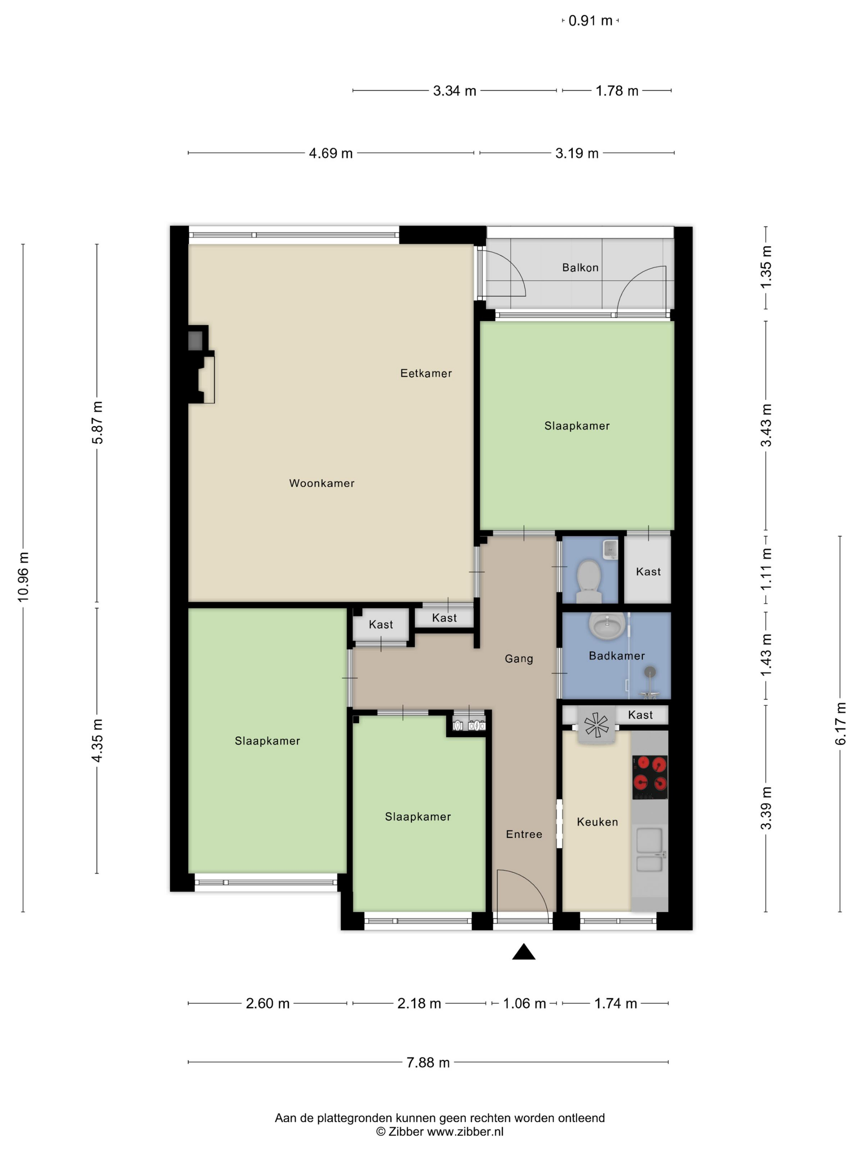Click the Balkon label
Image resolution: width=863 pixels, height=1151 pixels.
[580, 268]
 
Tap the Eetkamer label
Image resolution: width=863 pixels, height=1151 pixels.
[425, 373]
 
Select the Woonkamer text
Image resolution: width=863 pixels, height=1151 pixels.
[321, 483]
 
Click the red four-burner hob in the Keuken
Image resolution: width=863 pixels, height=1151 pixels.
[649, 777]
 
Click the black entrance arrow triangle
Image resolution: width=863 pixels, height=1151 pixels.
[523, 952]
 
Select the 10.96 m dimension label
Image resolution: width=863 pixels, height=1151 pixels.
[23, 577]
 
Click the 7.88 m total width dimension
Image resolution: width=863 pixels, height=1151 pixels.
[428, 1062]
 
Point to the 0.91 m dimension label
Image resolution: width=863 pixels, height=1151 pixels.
[590, 21]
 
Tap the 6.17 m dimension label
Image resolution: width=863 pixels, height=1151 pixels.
[840, 723]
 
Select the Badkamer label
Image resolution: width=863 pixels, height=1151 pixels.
[616, 656]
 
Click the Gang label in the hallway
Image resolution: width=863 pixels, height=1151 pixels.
[519, 659]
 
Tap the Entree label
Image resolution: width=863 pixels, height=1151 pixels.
[524, 834]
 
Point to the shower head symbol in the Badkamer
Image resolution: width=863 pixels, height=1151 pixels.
[650, 672]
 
